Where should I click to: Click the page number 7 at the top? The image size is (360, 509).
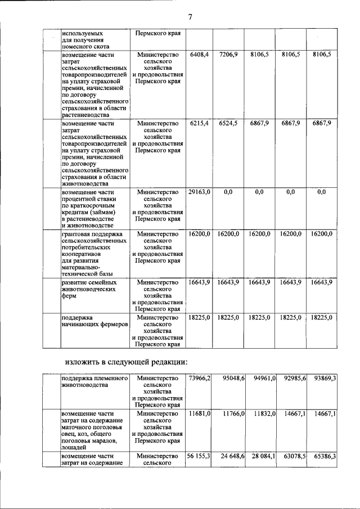pyautogui.click(x=190, y=17)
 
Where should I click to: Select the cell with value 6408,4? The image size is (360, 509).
pyautogui.click(x=200, y=54)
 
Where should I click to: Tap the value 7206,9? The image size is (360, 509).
pyautogui.click(x=229, y=54)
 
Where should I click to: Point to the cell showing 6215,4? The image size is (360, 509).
pyautogui.click(x=200, y=123)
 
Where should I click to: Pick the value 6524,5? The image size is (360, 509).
pyautogui.click(x=229, y=123)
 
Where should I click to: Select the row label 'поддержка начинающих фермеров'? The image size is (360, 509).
pyautogui.click(x=94, y=321)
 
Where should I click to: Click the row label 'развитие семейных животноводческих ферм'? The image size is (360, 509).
pyautogui.click(x=90, y=289)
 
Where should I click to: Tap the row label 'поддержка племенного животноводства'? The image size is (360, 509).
pyautogui.click(x=94, y=382)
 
